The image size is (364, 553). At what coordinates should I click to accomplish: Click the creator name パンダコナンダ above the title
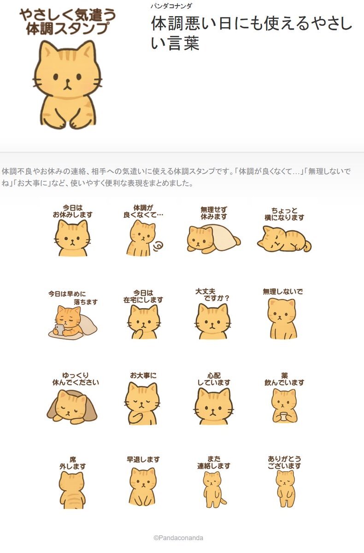[171, 6]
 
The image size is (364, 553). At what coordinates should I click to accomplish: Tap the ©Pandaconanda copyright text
[178, 538]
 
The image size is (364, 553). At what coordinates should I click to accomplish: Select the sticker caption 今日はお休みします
[73, 211]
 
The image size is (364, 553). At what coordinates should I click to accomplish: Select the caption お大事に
[143, 375]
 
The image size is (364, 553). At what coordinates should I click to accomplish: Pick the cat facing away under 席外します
[72, 490]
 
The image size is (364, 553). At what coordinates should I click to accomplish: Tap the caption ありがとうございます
[284, 462]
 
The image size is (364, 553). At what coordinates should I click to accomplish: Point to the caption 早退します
[143, 459]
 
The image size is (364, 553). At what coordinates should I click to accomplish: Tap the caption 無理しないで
[282, 291]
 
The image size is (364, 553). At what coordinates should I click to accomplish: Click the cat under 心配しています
[213, 406]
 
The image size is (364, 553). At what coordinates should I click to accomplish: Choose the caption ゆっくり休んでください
[76, 379]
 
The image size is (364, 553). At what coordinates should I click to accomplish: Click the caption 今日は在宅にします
[143, 297]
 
